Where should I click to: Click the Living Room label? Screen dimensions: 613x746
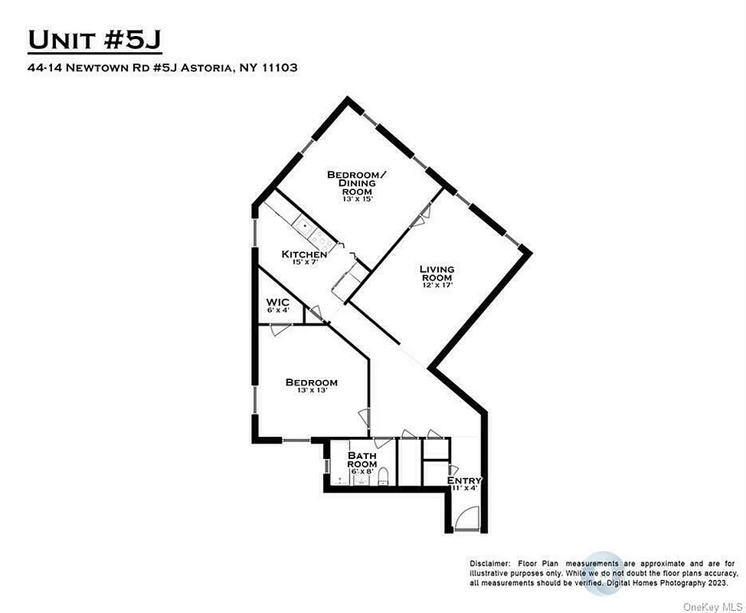[437, 273]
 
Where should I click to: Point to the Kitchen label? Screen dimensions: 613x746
[304, 254]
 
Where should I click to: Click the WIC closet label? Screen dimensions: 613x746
[277, 302]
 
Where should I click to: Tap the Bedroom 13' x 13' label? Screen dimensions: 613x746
[311, 382]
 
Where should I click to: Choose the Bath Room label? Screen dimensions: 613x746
[362, 460]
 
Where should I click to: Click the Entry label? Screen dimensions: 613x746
[464, 480]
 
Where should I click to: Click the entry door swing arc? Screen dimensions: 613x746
[465, 520]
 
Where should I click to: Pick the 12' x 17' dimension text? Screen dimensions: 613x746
[437, 284]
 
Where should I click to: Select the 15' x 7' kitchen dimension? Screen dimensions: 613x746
[305, 264]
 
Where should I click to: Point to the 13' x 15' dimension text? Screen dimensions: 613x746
[357, 202]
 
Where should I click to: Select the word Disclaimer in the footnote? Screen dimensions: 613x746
[489, 563]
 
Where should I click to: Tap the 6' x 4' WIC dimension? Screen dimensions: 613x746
[277, 310]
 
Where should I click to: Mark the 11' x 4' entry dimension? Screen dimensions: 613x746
[464, 488]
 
